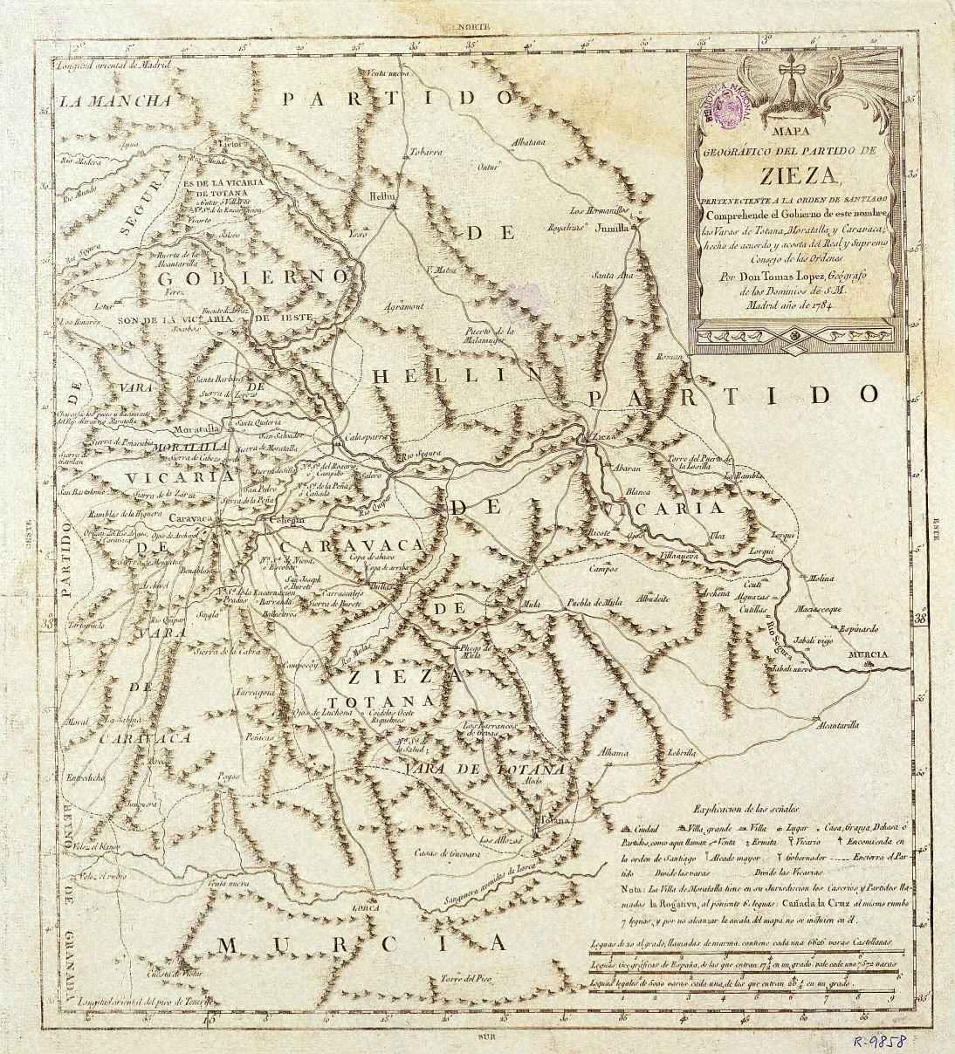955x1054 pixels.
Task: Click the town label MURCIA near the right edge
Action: [x=867, y=655]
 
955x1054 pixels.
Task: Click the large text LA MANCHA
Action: [x=126, y=100]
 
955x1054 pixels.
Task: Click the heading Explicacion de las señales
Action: [x=752, y=811]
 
